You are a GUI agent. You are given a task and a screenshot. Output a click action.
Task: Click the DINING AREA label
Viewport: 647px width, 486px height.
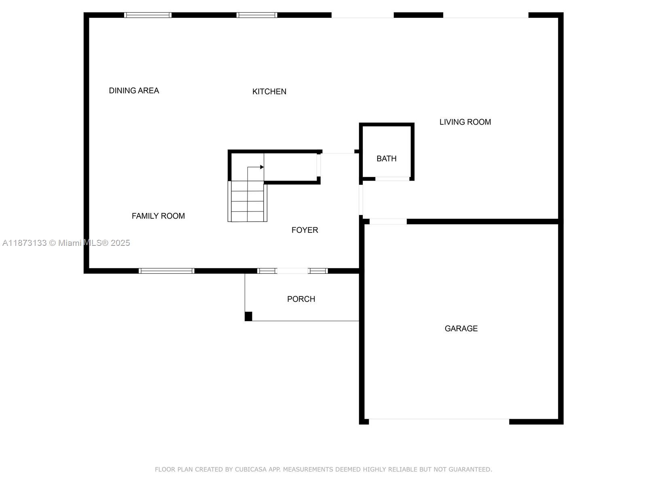coord(134,91)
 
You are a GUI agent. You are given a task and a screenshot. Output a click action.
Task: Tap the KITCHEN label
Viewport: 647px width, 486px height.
coord(269,92)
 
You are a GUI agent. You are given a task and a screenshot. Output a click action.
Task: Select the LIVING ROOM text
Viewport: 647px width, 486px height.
coord(465,122)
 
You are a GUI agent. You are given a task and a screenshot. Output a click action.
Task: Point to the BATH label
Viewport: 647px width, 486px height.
coord(386,159)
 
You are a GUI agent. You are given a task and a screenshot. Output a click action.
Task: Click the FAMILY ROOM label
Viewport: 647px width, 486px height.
coord(158,216)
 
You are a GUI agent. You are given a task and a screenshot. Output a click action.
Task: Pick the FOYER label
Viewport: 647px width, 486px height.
coord(304,230)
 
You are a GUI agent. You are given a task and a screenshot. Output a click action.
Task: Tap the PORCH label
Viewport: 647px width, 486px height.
coord(301,299)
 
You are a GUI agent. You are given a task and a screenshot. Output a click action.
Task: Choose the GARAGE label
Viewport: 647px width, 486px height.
coord(461,328)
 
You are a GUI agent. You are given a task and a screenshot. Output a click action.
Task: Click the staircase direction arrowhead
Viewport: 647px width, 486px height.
coord(262,167)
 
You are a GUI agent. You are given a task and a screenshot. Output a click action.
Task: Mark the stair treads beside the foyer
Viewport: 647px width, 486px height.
coord(247,201)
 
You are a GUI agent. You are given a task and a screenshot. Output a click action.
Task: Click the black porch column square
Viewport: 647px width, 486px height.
coord(248,316)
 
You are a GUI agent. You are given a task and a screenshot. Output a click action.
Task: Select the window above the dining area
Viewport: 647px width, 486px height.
coord(148,15)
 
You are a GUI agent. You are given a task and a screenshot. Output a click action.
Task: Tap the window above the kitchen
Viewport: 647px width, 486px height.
coord(257,15)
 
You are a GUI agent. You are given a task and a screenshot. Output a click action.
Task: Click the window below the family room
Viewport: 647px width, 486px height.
coord(166,271)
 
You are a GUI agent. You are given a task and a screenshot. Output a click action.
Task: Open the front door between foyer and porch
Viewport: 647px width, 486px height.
coord(292,271)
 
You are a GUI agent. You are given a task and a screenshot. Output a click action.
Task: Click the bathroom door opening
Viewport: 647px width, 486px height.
coord(392,179)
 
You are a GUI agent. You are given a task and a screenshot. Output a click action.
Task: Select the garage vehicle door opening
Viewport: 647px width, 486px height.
coord(439,421)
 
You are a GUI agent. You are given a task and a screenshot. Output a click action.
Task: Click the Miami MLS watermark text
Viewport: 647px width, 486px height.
coord(66,243)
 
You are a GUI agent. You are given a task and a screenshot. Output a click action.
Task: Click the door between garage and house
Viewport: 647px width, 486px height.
coord(388,222)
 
